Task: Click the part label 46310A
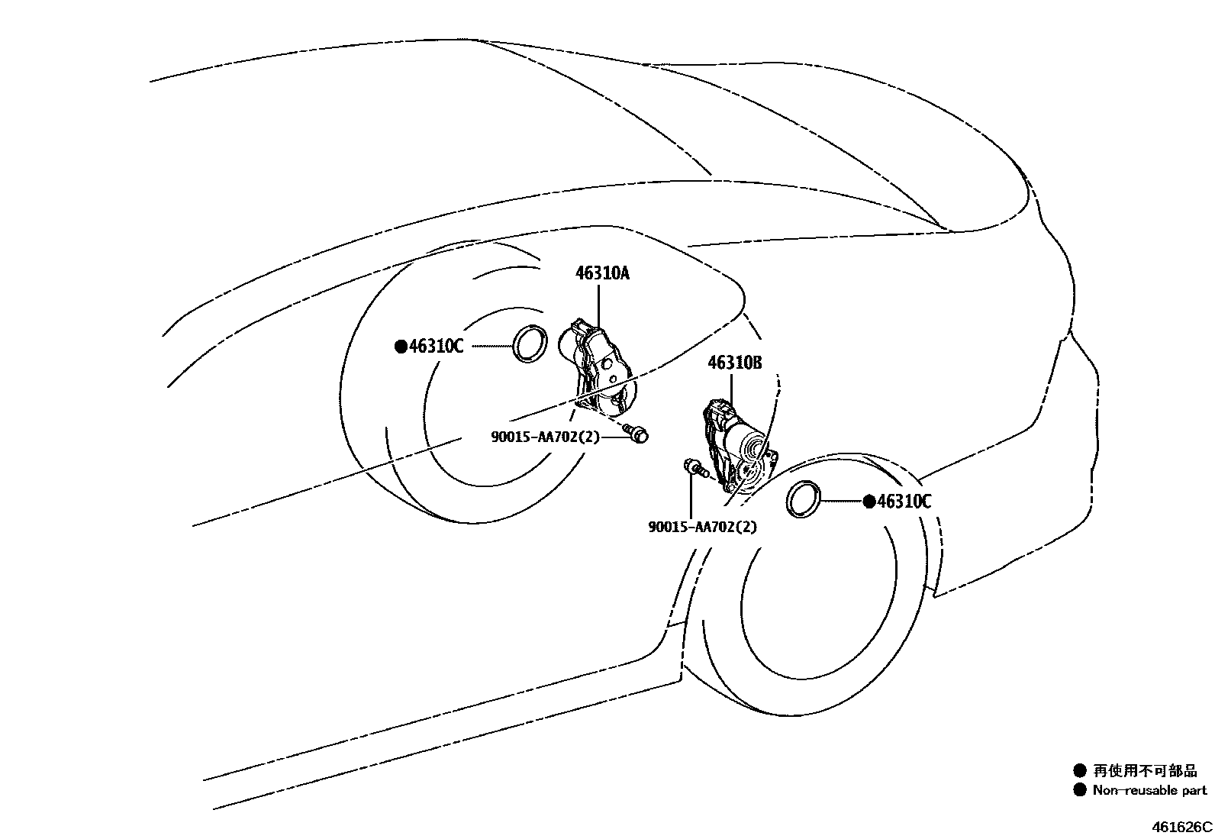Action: (602, 273)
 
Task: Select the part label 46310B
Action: (734, 363)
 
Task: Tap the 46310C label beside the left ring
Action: (436, 346)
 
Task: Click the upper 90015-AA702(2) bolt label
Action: (545, 437)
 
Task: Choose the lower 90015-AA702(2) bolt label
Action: (702, 527)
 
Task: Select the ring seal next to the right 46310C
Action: (804, 499)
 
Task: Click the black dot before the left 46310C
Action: (401, 347)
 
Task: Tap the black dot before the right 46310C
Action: (869, 502)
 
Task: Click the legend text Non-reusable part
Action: (1149, 790)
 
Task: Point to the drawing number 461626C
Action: (1181, 826)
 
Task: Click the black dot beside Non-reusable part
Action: (1079, 790)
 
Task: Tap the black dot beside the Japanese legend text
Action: (1079, 771)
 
